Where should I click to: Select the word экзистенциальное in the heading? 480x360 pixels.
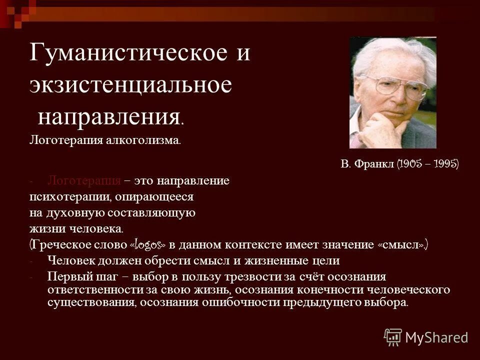(130, 84)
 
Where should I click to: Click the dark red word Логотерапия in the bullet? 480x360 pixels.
(84, 180)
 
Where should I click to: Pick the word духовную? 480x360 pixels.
(75, 213)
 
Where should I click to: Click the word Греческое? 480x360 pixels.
(56, 245)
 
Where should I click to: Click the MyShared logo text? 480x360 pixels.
(436, 337)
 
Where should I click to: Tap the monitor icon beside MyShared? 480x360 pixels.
(393, 337)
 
